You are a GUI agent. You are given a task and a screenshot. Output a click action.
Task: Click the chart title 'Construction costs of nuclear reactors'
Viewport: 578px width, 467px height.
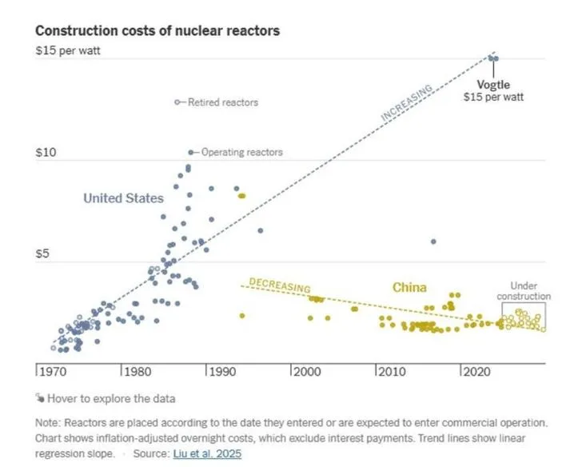157,30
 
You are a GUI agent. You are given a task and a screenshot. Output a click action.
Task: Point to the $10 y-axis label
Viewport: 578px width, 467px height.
47,153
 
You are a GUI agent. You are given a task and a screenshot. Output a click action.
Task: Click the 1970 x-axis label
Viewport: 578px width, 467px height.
53,372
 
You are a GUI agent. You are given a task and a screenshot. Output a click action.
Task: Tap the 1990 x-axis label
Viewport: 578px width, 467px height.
223,372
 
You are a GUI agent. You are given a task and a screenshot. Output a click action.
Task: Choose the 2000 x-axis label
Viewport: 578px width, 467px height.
308,372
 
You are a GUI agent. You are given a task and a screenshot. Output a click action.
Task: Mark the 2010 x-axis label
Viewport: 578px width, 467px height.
393,372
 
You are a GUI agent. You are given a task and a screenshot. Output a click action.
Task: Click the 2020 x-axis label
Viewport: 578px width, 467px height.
478,372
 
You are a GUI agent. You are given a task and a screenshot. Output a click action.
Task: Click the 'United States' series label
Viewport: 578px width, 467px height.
124,198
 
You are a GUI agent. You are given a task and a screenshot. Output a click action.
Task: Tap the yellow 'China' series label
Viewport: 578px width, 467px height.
409,287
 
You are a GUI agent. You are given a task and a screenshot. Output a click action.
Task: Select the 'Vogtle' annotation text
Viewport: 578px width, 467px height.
493,85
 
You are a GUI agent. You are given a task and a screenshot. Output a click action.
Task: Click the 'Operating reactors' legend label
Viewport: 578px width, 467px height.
241,152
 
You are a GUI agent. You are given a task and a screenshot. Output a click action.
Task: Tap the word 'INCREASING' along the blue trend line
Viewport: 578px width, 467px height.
407,104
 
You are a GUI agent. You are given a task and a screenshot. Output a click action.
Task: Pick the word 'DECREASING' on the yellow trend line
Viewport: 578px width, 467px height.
280,285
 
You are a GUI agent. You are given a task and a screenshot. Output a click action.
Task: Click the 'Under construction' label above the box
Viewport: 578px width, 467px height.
524,291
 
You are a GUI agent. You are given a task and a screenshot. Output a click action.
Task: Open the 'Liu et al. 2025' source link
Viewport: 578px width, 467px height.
206,453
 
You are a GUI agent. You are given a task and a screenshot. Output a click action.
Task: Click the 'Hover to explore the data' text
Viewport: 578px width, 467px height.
111,398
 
